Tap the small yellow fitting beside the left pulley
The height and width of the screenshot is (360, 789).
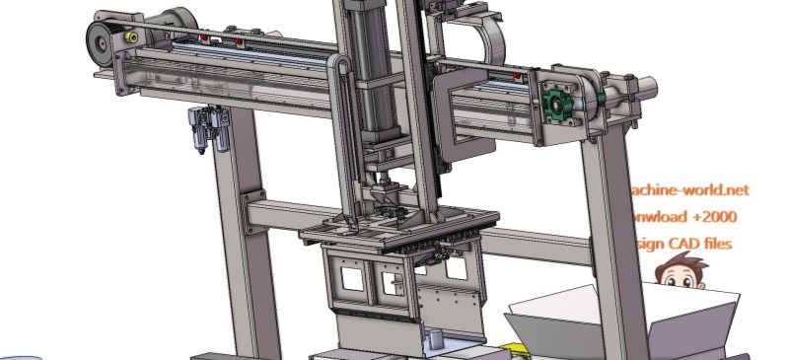[128, 36]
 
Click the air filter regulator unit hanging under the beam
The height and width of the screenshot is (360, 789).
[208, 130]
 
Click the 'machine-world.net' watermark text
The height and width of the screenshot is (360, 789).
[689, 188]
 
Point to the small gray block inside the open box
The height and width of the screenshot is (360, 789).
[432, 340]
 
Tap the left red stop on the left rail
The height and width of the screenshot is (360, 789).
[204, 38]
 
